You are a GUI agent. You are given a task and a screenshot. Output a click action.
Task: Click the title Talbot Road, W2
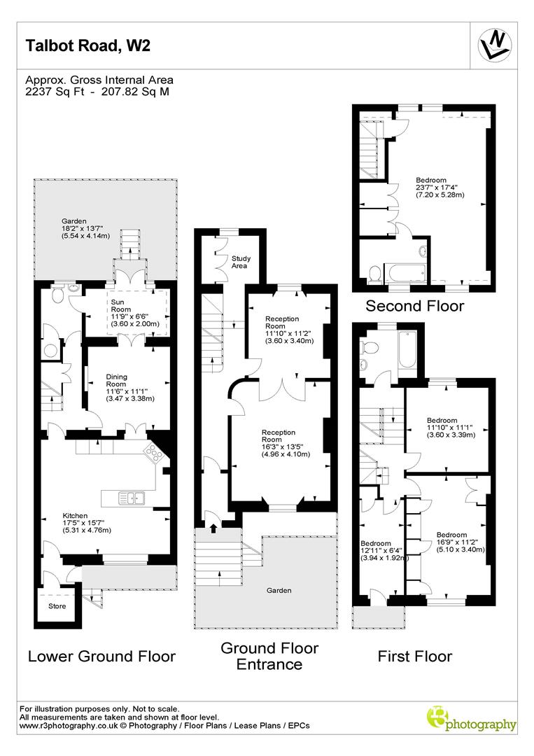tap(88, 46)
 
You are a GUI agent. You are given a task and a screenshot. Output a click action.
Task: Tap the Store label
tap(57, 606)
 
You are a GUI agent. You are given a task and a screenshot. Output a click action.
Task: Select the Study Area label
tap(241, 262)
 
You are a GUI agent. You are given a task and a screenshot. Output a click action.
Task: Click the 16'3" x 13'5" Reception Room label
tap(279, 442)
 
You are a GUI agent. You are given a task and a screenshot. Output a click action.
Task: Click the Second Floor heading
tap(415, 306)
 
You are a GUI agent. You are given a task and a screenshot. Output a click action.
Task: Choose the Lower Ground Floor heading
tap(101, 656)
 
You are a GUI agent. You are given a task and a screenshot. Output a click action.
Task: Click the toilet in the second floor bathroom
tap(374, 274)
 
